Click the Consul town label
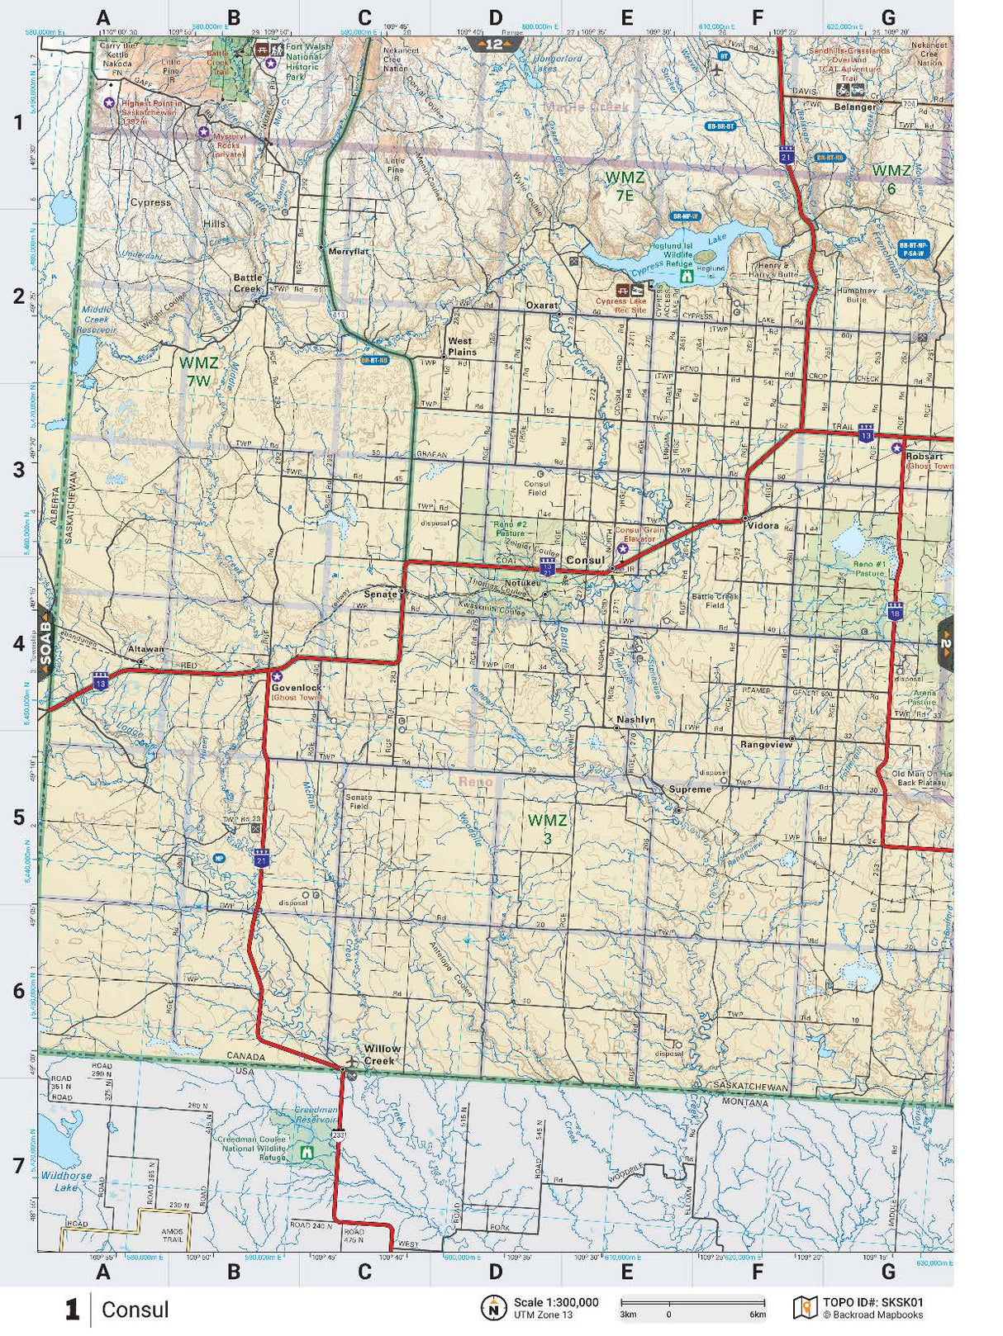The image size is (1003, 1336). coord(585,560)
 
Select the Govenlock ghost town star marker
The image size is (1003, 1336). coord(278,676)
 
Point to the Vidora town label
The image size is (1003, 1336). coord(763,525)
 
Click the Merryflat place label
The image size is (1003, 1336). coord(348,251)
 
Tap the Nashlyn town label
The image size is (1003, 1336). coord(635,719)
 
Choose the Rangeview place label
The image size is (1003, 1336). coord(766,745)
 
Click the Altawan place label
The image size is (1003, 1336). coord(145,650)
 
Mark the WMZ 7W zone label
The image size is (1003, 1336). coord(199,372)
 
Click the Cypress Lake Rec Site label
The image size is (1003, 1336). coord(620,306)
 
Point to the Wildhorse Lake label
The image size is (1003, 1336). coord(66,1181)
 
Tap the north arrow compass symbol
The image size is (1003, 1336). coord(493,1307)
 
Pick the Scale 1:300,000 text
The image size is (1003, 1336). coord(556,1302)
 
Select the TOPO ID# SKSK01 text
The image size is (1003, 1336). coord(872,1302)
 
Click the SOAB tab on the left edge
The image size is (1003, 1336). coord(45,642)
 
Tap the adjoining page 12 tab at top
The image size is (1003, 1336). coord(493,44)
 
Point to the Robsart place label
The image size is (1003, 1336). coord(924,456)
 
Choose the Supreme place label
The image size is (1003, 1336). coord(690,789)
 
